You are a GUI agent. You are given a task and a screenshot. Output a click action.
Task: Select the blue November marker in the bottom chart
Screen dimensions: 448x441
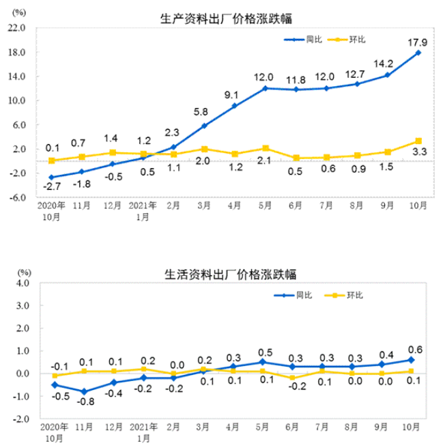pyautogui.click(x=83, y=391)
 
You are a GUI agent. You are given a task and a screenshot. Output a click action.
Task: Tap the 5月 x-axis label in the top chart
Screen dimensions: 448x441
pyautogui.click(x=264, y=205)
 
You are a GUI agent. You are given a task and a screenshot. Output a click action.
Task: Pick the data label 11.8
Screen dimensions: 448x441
pyautogui.click(x=295, y=79)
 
